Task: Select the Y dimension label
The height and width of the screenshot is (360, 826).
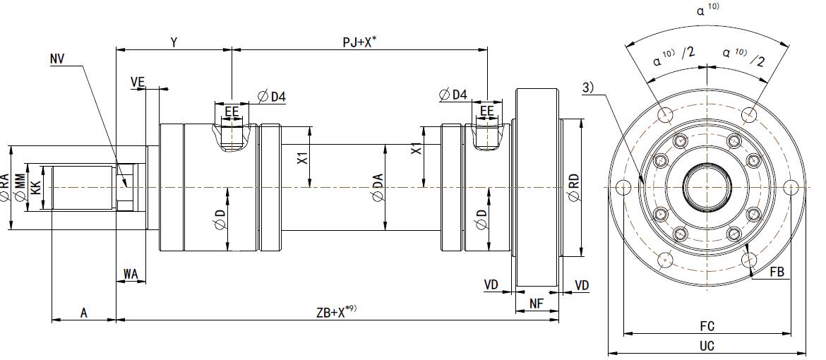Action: pyautogui.click(x=173, y=42)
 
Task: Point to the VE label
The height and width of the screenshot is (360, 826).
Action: pyautogui.click(x=138, y=83)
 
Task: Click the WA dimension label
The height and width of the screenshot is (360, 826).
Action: pyautogui.click(x=131, y=273)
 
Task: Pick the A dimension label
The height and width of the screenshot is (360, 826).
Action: pyautogui.click(x=83, y=312)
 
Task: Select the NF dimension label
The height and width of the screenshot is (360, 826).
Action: pyautogui.click(x=537, y=304)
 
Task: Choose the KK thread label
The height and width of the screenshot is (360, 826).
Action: pyautogui.click(x=35, y=188)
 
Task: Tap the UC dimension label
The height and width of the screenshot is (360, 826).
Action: pyautogui.click(x=707, y=347)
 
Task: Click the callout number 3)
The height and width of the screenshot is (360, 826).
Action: pyautogui.click(x=588, y=88)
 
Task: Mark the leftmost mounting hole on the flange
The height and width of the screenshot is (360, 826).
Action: pyautogui.click(x=622, y=188)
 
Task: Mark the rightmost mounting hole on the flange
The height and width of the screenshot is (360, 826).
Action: pyautogui.click(x=792, y=187)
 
